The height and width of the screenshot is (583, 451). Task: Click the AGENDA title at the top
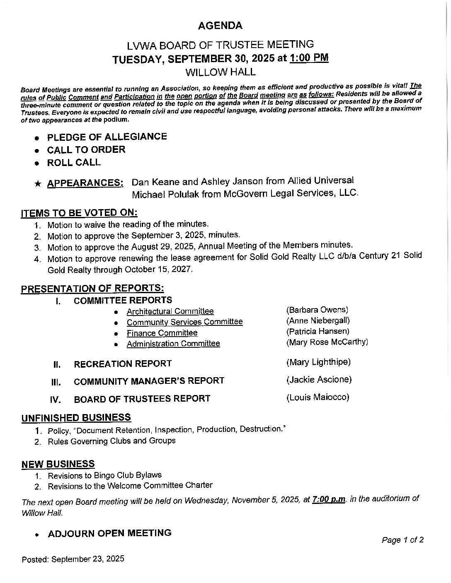[x=220, y=26]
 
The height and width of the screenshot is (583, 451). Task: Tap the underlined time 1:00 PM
[x=309, y=58]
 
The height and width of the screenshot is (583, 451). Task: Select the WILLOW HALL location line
[x=220, y=72]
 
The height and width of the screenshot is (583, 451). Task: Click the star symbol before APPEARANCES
[x=38, y=184]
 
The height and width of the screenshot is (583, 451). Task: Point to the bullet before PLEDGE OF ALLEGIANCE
[x=37, y=138]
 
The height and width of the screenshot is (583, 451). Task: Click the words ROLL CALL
[x=74, y=162]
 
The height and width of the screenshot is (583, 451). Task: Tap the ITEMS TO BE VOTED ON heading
[x=79, y=213]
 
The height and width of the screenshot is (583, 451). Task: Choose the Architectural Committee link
[x=170, y=311]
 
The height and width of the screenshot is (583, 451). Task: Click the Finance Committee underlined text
[x=162, y=333]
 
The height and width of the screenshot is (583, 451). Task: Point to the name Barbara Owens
[x=317, y=310]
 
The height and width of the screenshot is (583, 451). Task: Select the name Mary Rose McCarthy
[x=327, y=342]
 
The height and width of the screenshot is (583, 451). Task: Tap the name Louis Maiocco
[x=318, y=397]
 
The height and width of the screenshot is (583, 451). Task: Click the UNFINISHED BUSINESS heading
[x=76, y=417]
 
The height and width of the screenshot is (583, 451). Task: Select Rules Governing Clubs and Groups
[x=112, y=441]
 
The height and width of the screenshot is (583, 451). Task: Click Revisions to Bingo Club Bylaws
[x=104, y=475]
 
